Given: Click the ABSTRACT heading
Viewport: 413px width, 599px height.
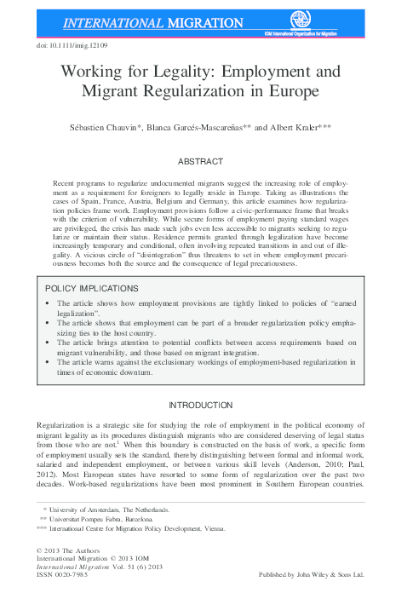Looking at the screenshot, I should click(x=206, y=160).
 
